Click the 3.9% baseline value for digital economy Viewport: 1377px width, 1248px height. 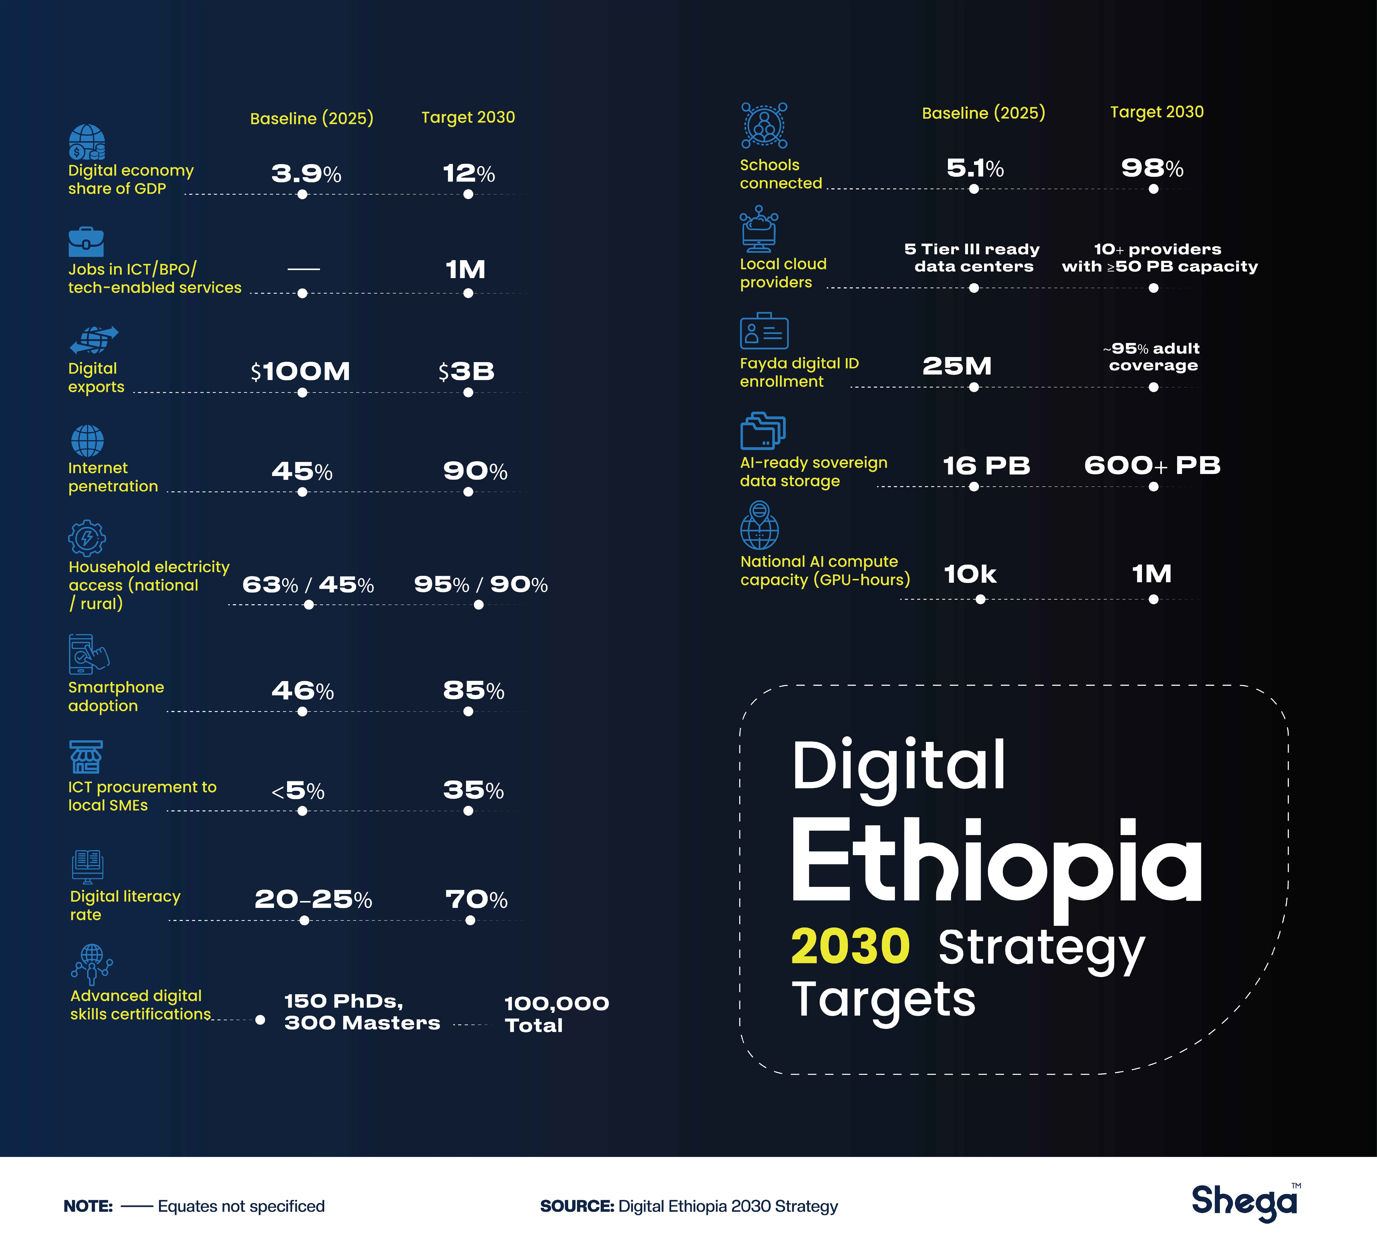306,174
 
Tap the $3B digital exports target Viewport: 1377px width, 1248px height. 467,371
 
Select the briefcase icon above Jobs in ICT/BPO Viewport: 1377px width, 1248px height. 86,242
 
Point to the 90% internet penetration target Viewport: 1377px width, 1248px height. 475,471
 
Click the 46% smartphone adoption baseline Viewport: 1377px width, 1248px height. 303,691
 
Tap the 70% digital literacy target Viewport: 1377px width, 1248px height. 476,899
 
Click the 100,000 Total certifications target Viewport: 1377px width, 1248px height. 557,1014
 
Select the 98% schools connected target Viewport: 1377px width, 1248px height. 1152,168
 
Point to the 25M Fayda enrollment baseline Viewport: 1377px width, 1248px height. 957,366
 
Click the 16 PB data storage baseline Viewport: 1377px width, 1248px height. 986,465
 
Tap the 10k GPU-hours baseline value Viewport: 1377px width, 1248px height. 970,574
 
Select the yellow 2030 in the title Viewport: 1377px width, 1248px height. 850,947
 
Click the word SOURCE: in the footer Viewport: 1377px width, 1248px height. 577,1206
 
